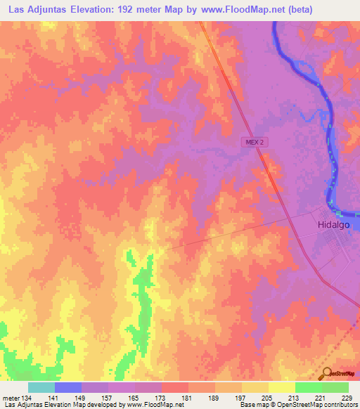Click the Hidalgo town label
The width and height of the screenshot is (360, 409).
[x=329, y=226]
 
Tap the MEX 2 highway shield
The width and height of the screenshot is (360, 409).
[x=255, y=141]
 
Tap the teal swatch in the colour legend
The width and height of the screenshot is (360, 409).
[x=41, y=387]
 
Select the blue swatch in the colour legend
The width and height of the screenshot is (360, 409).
[x=68, y=387]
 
